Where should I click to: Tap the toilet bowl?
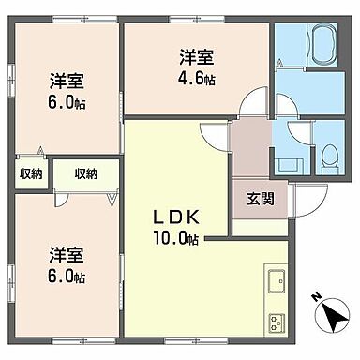[330, 158]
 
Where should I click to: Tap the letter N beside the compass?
[316, 297]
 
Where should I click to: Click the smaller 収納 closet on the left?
[29, 173]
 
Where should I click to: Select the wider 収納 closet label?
[85, 173]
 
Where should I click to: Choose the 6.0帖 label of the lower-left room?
[67, 278]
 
